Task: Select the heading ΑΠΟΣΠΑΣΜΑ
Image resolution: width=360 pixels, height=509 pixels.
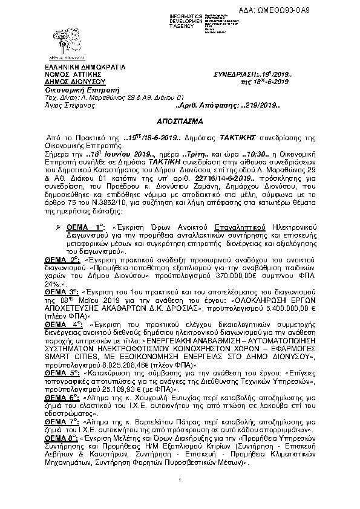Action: [x=180, y=120]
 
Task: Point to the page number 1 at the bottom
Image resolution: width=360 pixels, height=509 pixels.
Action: [x=180, y=496]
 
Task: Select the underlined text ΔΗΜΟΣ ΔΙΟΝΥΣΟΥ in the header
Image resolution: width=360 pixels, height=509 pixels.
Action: [x=67, y=79]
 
